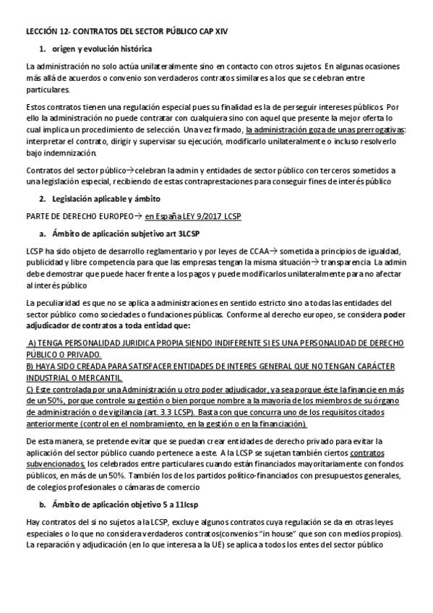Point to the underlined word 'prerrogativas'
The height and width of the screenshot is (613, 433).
[x=373, y=129]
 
